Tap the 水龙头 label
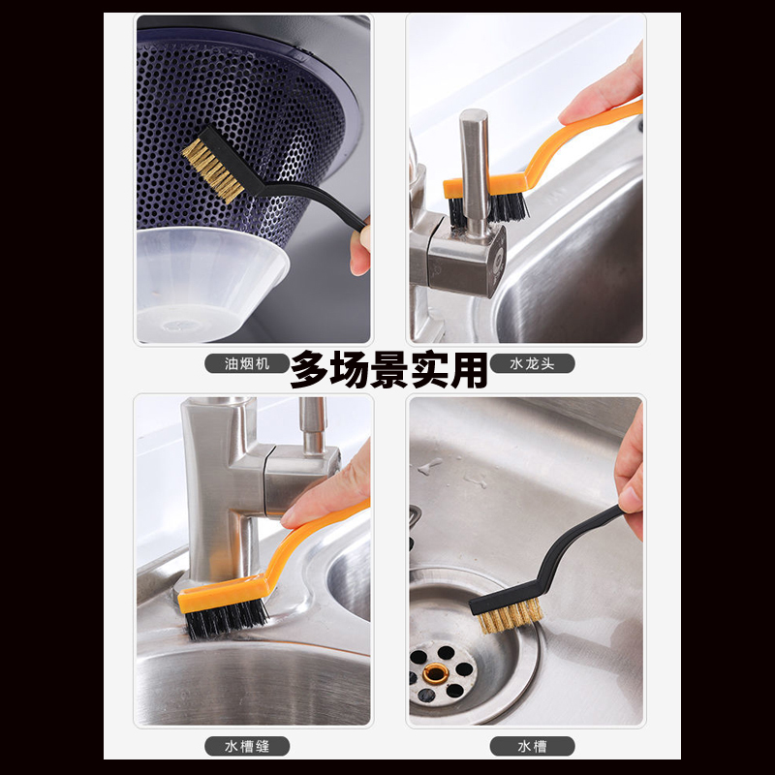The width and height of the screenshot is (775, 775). [x=531, y=364]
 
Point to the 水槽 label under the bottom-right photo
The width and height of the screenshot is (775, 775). [x=531, y=746]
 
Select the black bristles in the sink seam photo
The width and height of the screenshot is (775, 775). [x=227, y=619]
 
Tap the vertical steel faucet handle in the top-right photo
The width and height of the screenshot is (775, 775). [x=474, y=165]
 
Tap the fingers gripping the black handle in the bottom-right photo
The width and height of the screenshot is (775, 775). [x=631, y=475]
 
